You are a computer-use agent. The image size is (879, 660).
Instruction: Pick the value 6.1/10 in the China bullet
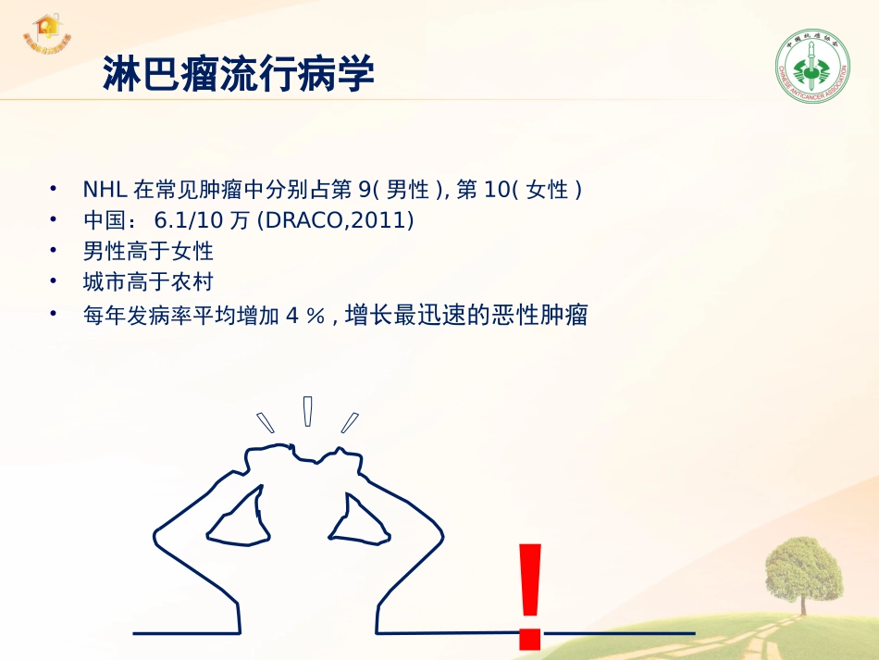point(192,220)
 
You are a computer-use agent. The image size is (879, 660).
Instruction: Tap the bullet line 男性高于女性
point(148,251)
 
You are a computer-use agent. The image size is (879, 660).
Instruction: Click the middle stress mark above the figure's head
point(307,410)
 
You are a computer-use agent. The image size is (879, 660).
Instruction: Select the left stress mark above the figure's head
point(266,422)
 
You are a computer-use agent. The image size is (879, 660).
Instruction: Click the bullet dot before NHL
point(56,188)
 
